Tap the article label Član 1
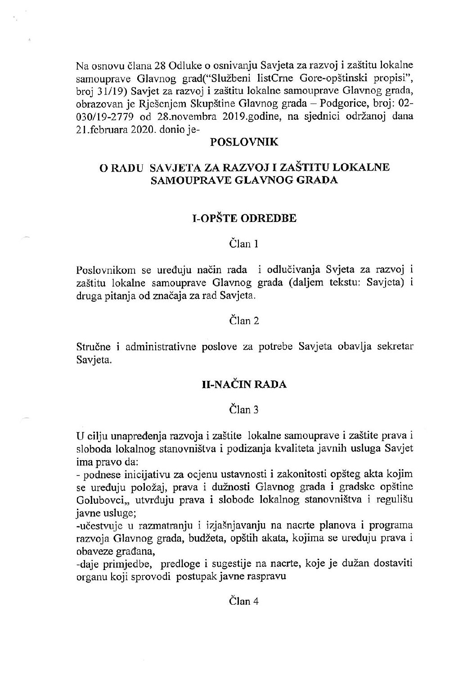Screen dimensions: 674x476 tap(244, 244)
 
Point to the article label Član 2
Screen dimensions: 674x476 tap(244, 321)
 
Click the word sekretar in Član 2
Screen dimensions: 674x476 tap(396, 346)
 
